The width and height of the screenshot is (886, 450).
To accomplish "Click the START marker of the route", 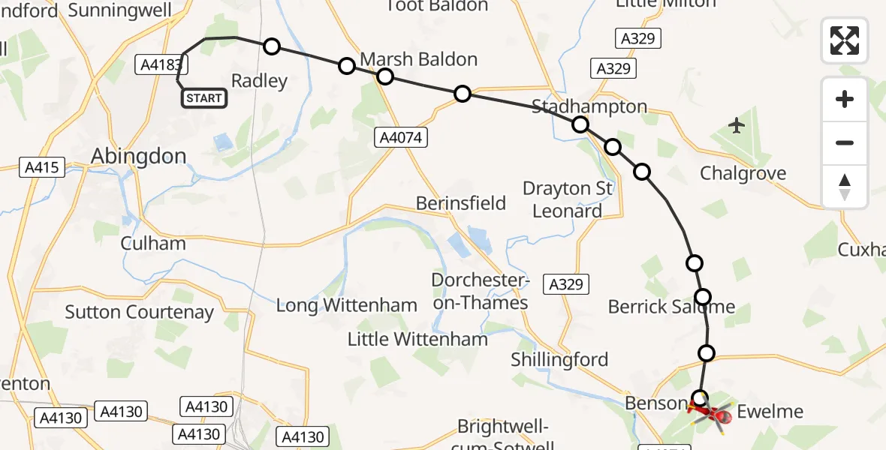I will (203, 98).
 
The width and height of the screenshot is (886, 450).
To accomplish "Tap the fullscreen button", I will (845, 40).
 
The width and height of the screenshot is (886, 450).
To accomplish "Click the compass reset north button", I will (845, 187).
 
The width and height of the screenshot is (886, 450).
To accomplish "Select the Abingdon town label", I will (138, 156).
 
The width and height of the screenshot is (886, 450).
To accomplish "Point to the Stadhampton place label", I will (589, 106).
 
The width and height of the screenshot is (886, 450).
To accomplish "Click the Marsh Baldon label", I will (419, 59).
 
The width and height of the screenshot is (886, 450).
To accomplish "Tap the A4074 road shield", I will (402, 137).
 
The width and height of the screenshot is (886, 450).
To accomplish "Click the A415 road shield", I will (41, 168).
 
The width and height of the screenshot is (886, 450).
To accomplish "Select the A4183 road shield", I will (161, 65).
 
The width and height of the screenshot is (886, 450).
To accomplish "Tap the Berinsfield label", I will (461, 203).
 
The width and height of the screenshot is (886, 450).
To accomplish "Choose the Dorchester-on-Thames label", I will (480, 292).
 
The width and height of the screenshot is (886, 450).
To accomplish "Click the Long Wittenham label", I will (346, 305).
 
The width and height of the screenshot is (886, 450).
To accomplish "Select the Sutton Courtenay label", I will (139, 312).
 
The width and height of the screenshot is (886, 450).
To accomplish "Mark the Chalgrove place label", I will (743, 174).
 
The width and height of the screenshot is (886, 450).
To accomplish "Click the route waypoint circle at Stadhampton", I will (580, 124).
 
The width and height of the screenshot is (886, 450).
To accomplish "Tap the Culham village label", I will (152, 244).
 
